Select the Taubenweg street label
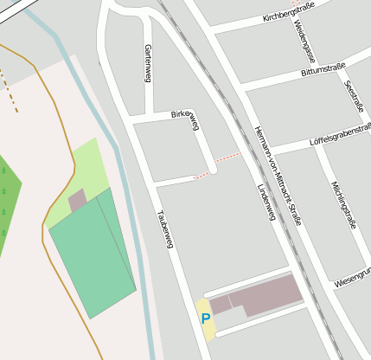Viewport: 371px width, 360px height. [x=165, y=229]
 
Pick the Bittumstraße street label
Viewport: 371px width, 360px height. [x=323, y=69]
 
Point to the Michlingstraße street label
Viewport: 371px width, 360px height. [x=344, y=204]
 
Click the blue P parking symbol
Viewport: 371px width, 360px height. [x=206, y=318]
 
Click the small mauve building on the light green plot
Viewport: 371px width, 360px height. [x=78, y=201]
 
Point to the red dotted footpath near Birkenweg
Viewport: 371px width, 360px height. [x=227, y=160]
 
